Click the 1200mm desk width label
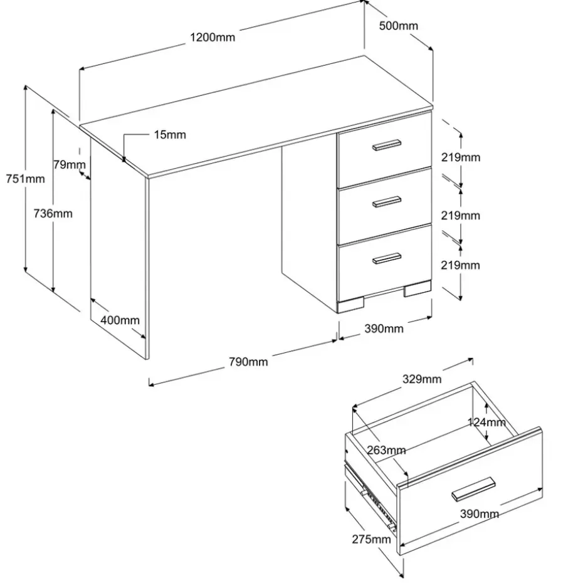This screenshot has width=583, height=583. pyautogui.click(x=213, y=38)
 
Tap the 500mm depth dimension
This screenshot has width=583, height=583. pyautogui.click(x=399, y=26)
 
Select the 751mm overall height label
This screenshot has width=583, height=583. pyautogui.click(x=25, y=179)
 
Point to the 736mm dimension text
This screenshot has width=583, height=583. pyautogui.click(x=53, y=214)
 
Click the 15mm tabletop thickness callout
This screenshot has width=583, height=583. pyautogui.click(x=170, y=135)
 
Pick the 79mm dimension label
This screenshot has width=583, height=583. pyautogui.click(x=69, y=164)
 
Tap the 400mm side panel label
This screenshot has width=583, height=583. pyautogui.click(x=120, y=320)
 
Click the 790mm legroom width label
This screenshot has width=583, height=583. pyautogui.click(x=248, y=362)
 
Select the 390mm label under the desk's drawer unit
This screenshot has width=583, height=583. pyautogui.click(x=384, y=328)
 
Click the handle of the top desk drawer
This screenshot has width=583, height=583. pyautogui.click(x=387, y=145)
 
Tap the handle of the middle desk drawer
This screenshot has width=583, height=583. pyautogui.click(x=387, y=201)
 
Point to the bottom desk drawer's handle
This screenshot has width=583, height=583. pyautogui.click(x=387, y=258)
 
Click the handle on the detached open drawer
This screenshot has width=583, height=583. pyautogui.click(x=473, y=489)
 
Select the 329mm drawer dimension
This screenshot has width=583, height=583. pyautogui.click(x=422, y=379)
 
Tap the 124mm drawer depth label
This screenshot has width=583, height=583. pyautogui.click(x=486, y=423)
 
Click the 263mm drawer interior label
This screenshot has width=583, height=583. pyautogui.click(x=386, y=451)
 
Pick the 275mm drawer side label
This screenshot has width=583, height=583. pyautogui.click(x=372, y=539)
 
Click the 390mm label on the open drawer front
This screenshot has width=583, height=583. pyautogui.click(x=480, y=514)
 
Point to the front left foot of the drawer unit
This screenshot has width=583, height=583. pyautogui.click(x=350, y=305)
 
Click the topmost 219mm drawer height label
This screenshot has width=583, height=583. pyautogui.click(x=461, y=157)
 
